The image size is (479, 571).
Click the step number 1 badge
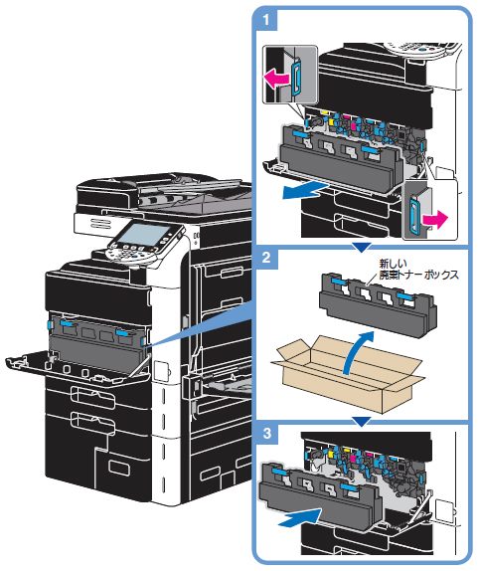pos(266,20)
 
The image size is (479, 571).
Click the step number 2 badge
pos(266,258)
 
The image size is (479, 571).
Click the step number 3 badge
pos(267,434)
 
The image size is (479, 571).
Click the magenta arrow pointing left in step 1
pos(276,79)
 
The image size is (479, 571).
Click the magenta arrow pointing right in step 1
pos(435,220)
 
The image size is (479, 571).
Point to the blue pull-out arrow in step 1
pos(305,191)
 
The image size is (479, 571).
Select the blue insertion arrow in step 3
pos(299,518)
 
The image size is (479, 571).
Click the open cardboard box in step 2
pos(348,373)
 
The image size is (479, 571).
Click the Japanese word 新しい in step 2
pos(393,263)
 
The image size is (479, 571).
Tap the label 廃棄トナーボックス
pos(419,275)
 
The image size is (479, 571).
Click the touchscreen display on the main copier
pos(145,234)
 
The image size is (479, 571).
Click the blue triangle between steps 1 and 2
pos(362,248)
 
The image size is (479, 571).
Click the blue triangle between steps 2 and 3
pos(362,422)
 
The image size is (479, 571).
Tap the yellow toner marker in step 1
pos(331,121)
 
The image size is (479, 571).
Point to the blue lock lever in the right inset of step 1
pos(414,214)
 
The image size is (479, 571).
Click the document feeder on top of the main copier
pos(164,195)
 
